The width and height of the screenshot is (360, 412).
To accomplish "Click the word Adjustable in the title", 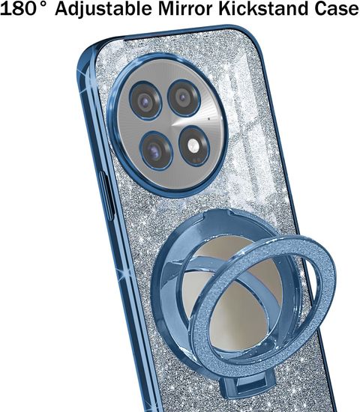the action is coord(103,9).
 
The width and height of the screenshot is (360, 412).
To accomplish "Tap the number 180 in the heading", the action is coord(18,8).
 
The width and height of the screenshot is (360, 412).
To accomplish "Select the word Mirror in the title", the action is coord(185,8).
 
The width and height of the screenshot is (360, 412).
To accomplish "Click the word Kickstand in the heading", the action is coord(263,8).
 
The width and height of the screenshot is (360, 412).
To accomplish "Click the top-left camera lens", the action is coord(145,100).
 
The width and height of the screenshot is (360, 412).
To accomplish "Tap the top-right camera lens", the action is coord(184,97).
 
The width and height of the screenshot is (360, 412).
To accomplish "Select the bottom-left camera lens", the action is coord(156,151).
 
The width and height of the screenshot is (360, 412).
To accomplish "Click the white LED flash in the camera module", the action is coord(193,145).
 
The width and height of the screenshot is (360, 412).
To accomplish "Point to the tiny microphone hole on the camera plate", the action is coord(209,119).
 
